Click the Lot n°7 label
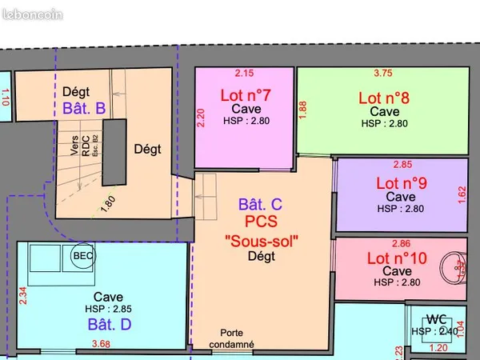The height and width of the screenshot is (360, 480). coord(246,95)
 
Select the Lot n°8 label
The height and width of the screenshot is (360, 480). coord(384,98)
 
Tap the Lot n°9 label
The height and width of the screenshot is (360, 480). coord(402,183)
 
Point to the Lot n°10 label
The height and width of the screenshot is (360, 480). coord(397,258)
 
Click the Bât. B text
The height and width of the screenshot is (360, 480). coord(84,108)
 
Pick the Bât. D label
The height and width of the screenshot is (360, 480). coord(110,324)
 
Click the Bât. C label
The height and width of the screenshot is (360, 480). coord(260,204)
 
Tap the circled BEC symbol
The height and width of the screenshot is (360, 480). coord(83,256)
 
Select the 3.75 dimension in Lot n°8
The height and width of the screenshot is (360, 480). coord(383,73)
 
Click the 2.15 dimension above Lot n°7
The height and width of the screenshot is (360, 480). coord(244,73)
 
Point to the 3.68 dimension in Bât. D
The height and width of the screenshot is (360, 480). coord(101,344)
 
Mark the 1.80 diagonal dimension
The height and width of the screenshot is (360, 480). coord(108,204)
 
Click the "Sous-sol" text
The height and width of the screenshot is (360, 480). coord(262,241)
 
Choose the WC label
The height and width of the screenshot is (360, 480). coord(436,319)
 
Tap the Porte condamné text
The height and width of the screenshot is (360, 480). coord(232,338)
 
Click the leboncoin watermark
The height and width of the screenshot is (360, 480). coord(33,14)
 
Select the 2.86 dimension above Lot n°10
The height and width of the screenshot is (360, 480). coord(401,243)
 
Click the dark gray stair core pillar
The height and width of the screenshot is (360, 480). coord(114,152)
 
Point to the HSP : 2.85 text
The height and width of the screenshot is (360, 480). coord(108,309)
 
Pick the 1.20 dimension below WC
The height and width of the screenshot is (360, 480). coord(438,348)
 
